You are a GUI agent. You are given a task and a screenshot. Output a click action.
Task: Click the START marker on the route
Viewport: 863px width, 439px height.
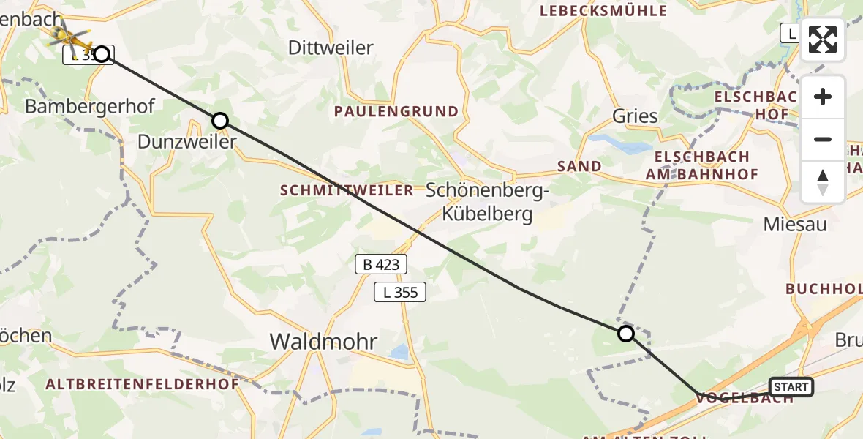791,387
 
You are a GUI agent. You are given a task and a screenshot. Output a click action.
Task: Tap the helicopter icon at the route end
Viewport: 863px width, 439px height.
67,34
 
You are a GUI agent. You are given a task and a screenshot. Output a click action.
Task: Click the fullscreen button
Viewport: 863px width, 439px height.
823,40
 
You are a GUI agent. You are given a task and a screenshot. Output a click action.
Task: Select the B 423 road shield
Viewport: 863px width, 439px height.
380,264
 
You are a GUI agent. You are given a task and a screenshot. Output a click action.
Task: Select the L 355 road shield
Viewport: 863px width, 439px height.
400,293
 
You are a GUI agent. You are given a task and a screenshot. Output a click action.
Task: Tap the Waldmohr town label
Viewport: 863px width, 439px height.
323,341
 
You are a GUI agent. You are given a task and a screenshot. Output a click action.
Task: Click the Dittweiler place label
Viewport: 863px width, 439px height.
331,48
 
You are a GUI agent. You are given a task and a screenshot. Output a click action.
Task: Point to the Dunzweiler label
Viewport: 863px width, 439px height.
187,141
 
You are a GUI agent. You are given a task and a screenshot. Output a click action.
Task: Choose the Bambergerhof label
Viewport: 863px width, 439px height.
89,106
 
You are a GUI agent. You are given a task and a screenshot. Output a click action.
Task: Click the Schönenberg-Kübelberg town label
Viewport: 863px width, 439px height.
487,203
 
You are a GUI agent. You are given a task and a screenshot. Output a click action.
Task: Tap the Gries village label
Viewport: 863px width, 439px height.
635,116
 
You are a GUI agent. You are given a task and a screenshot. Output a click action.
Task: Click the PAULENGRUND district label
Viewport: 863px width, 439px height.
396,112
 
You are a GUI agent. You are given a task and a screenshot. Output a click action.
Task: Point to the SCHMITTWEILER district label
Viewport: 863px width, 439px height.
347,190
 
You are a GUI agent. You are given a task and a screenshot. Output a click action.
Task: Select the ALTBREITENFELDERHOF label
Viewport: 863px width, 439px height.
142,384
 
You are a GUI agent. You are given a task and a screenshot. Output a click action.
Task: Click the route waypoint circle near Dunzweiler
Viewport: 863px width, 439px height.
220,121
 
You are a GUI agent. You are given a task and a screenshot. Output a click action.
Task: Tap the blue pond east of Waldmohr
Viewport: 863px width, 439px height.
399,353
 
